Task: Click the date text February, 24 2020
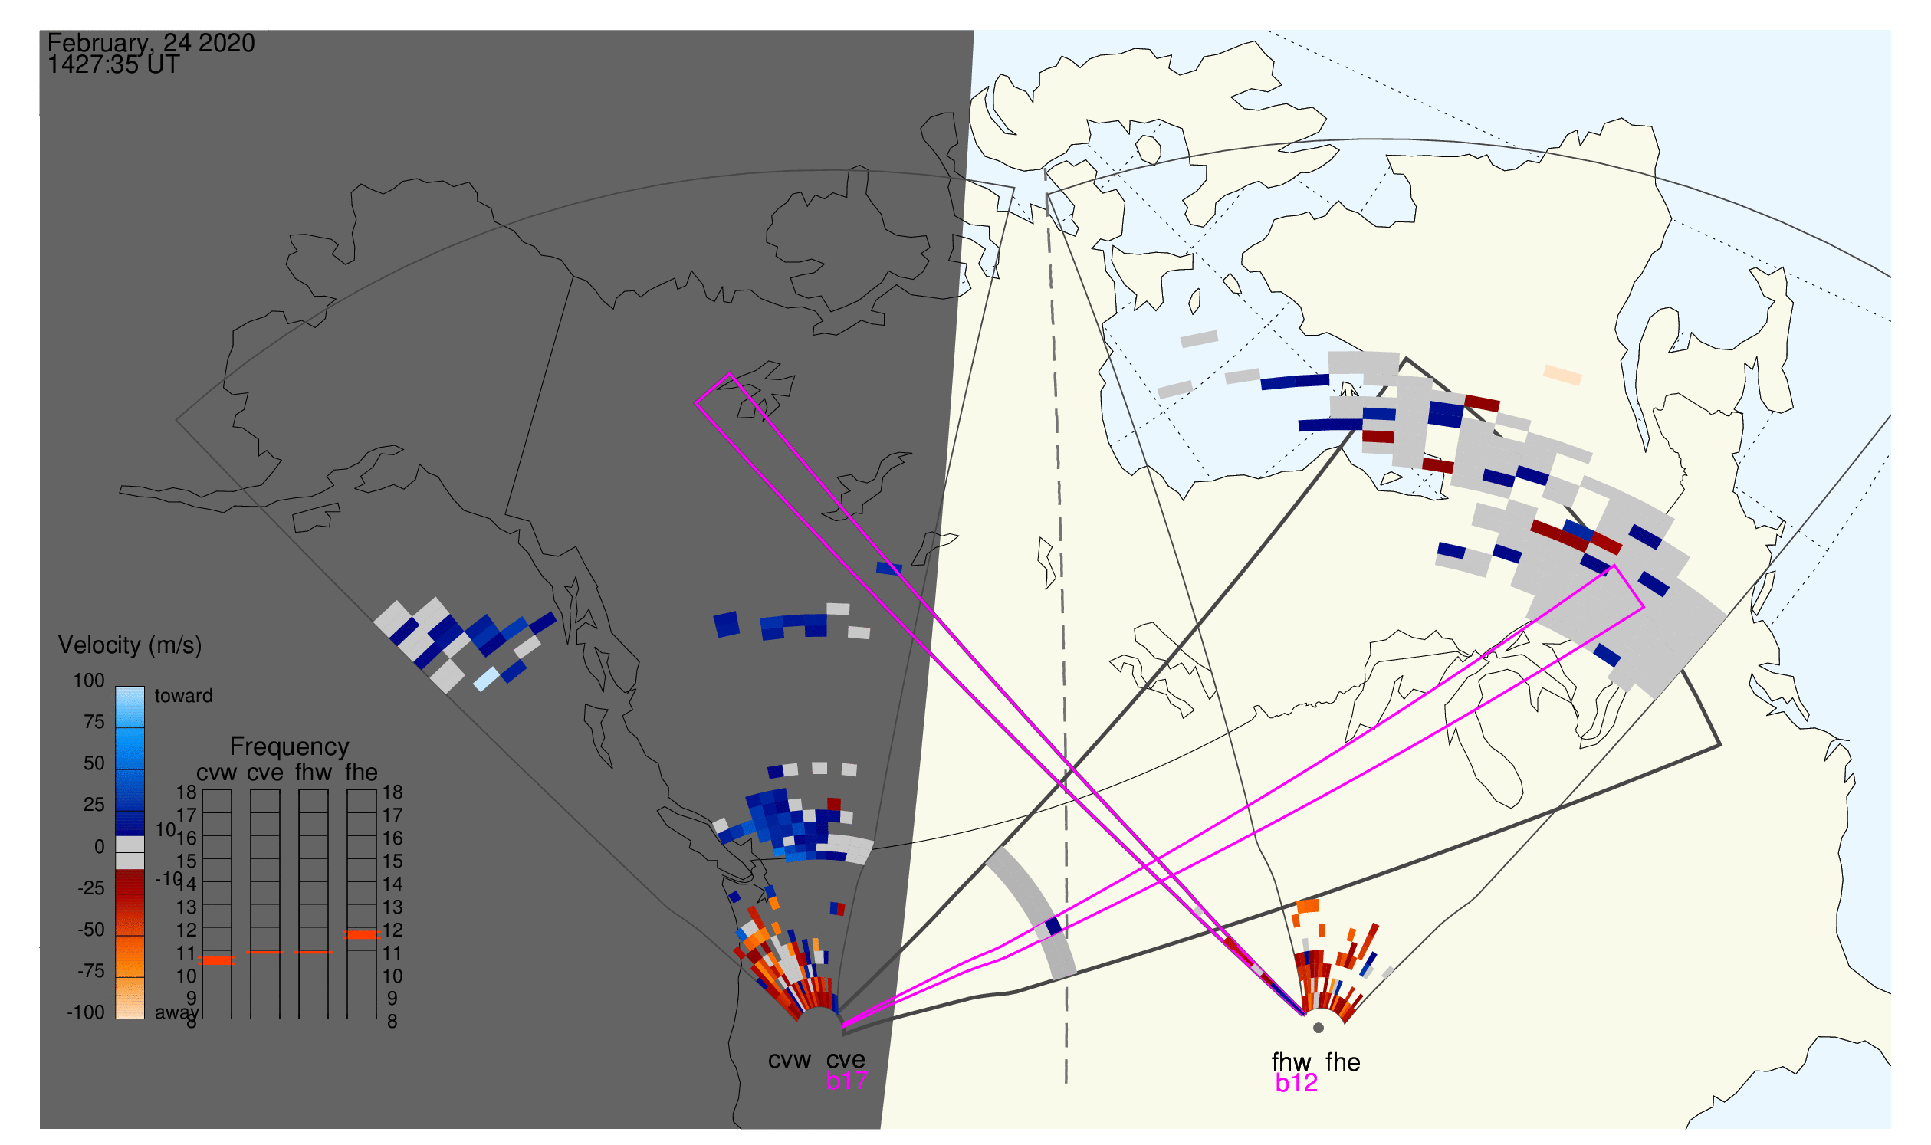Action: [151, 42]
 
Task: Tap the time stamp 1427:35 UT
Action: [113, 65]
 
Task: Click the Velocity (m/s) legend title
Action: [130, 646]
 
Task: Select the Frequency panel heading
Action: [290, 747]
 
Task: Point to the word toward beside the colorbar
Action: [184, 696]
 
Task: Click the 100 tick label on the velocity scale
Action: [89, 681]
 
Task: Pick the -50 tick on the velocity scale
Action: [91, 930]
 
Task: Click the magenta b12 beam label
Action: [1296, 1084]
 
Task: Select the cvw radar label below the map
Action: [789, 1061]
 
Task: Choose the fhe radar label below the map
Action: [1343, 1062]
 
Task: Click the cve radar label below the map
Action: [846, 1060]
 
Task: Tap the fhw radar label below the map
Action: [1291, 1062]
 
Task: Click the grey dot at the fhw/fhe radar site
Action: [1319, 1028]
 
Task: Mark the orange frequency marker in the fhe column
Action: [361, 935]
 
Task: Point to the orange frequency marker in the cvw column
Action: [217, 960]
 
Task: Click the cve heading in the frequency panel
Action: [265, 773]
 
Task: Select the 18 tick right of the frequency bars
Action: [392, 792]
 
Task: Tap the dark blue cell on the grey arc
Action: [1053, 927]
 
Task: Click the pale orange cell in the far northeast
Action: [1563, 375]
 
